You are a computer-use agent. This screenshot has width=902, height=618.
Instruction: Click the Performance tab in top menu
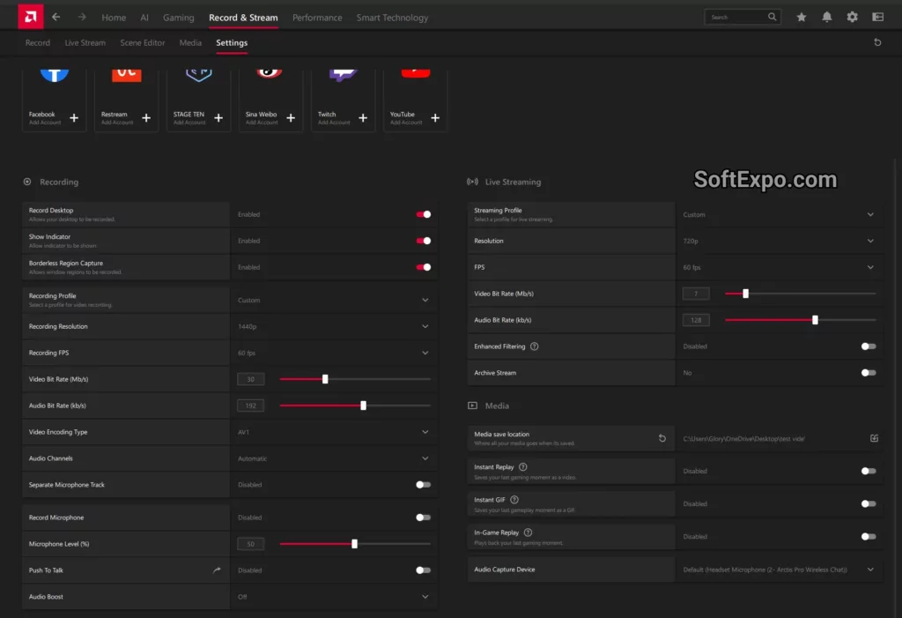(317, 18)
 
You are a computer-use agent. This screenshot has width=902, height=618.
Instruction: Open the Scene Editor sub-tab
(143, 42)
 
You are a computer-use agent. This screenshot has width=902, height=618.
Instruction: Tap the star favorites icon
(801, 17)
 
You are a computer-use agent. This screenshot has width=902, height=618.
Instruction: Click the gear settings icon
(852, 17)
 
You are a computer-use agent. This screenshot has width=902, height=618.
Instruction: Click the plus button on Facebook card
(74, 118)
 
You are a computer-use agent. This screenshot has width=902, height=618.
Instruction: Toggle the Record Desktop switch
(424, 214)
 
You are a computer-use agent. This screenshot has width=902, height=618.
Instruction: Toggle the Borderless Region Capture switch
(424, 267)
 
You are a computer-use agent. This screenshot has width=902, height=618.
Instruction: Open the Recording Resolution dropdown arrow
(425, 326)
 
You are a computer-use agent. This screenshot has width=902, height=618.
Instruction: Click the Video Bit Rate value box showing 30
(251, 379)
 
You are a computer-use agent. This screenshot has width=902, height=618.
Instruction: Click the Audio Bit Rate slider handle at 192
(363, 406)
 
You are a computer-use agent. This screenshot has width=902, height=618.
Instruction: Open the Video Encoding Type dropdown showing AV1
(425, 432)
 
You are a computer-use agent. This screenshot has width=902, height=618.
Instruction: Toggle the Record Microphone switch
(424, 517)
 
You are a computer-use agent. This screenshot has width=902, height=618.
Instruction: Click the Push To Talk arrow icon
(217, 570)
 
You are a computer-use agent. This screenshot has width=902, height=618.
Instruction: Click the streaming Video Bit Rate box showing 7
(696, 294)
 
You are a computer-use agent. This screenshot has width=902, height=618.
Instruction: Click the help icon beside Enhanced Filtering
(535, 346)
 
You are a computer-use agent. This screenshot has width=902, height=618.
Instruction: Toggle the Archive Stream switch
(869, 373)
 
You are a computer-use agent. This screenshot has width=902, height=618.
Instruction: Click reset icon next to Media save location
(662, 437)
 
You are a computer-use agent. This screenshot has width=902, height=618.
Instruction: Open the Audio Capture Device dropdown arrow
(871, 570)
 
